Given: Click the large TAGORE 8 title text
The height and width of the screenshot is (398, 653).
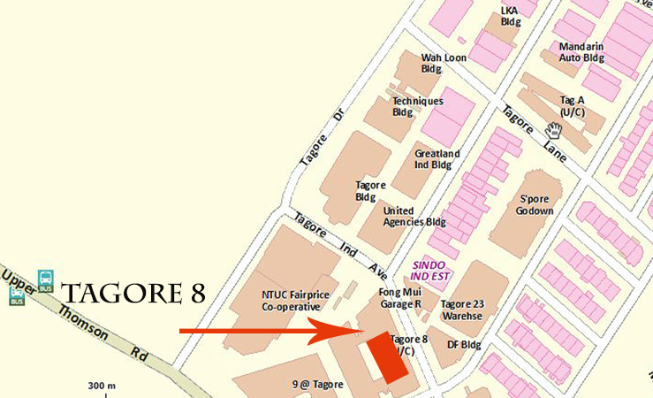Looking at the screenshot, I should click(x=136, y=293).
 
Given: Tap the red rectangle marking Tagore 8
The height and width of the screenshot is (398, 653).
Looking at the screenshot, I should click(x=388, y=357).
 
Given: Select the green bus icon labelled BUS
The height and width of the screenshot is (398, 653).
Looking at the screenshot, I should click(x=45, y=280).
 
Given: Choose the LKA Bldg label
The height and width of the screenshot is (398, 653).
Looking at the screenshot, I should click(x=510, y=15).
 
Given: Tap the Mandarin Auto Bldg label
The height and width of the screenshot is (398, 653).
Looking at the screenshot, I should click(x=581, y=51).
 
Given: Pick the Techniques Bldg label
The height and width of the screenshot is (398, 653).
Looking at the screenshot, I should click(x=418, y=106).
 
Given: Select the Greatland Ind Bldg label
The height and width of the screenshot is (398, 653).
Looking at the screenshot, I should click(x=433, y=159).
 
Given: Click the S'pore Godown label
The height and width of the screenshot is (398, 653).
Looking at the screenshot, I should click(x=535, y=204).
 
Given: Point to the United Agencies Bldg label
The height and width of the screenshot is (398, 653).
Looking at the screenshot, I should click(x=414, y=217).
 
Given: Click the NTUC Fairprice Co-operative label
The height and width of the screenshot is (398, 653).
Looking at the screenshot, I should click(x=290, y=301).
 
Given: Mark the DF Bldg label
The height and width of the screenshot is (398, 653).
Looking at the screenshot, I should click(x=464, y=344).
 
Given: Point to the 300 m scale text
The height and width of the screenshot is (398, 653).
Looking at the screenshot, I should click(x=103, y=386).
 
